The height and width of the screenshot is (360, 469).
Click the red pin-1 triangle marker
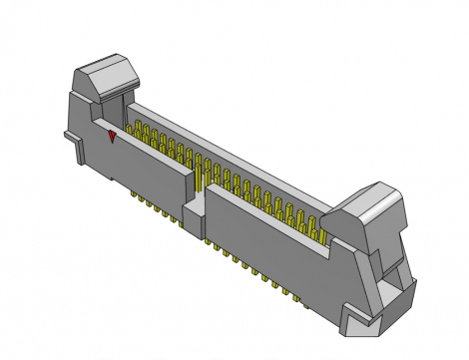(x=113, y=137)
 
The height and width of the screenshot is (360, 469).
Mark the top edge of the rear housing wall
(x=230, y=140)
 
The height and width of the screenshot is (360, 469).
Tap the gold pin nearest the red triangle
(x=128, y=135)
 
